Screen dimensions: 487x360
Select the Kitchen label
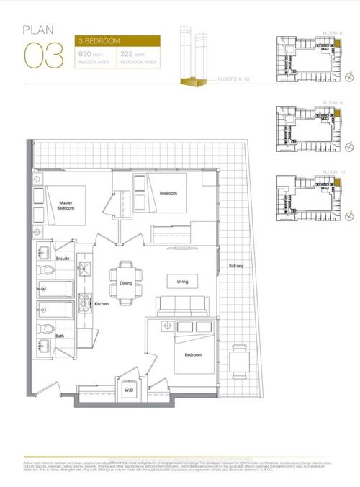click(x=102, y=304)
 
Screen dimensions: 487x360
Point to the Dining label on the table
click(x=125, y=283)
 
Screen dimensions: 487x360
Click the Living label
click(x=182, y=281)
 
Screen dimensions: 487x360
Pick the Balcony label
click(x=235, y=267)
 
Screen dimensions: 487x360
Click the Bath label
click(x=61, y=335)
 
